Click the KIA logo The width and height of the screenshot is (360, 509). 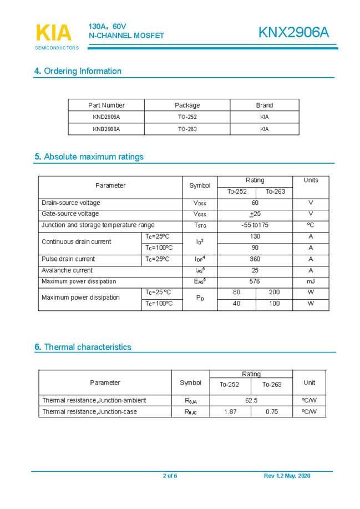54,34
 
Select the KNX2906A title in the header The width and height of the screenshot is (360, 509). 293,33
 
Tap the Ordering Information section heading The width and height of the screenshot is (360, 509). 78,71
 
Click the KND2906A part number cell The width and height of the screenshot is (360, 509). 107,117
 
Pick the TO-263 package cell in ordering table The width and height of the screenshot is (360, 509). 187,129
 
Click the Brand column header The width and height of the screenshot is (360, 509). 264,105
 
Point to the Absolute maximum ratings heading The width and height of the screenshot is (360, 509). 89,157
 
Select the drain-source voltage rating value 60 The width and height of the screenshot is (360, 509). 255,203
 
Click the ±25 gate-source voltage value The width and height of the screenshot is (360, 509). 255,214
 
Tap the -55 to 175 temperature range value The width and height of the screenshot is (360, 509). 255,225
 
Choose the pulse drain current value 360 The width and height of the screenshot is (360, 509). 255,259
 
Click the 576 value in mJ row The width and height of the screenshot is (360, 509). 255,281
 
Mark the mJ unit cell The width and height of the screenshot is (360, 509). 310,281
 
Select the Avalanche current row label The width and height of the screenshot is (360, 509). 67,270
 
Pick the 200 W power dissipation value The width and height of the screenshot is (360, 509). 274,293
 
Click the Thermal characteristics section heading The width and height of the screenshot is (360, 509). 83,347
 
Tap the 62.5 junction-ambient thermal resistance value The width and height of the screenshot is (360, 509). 251,400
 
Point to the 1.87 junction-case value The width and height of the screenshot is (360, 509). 230,412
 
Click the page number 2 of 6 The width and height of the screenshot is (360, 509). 170,476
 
